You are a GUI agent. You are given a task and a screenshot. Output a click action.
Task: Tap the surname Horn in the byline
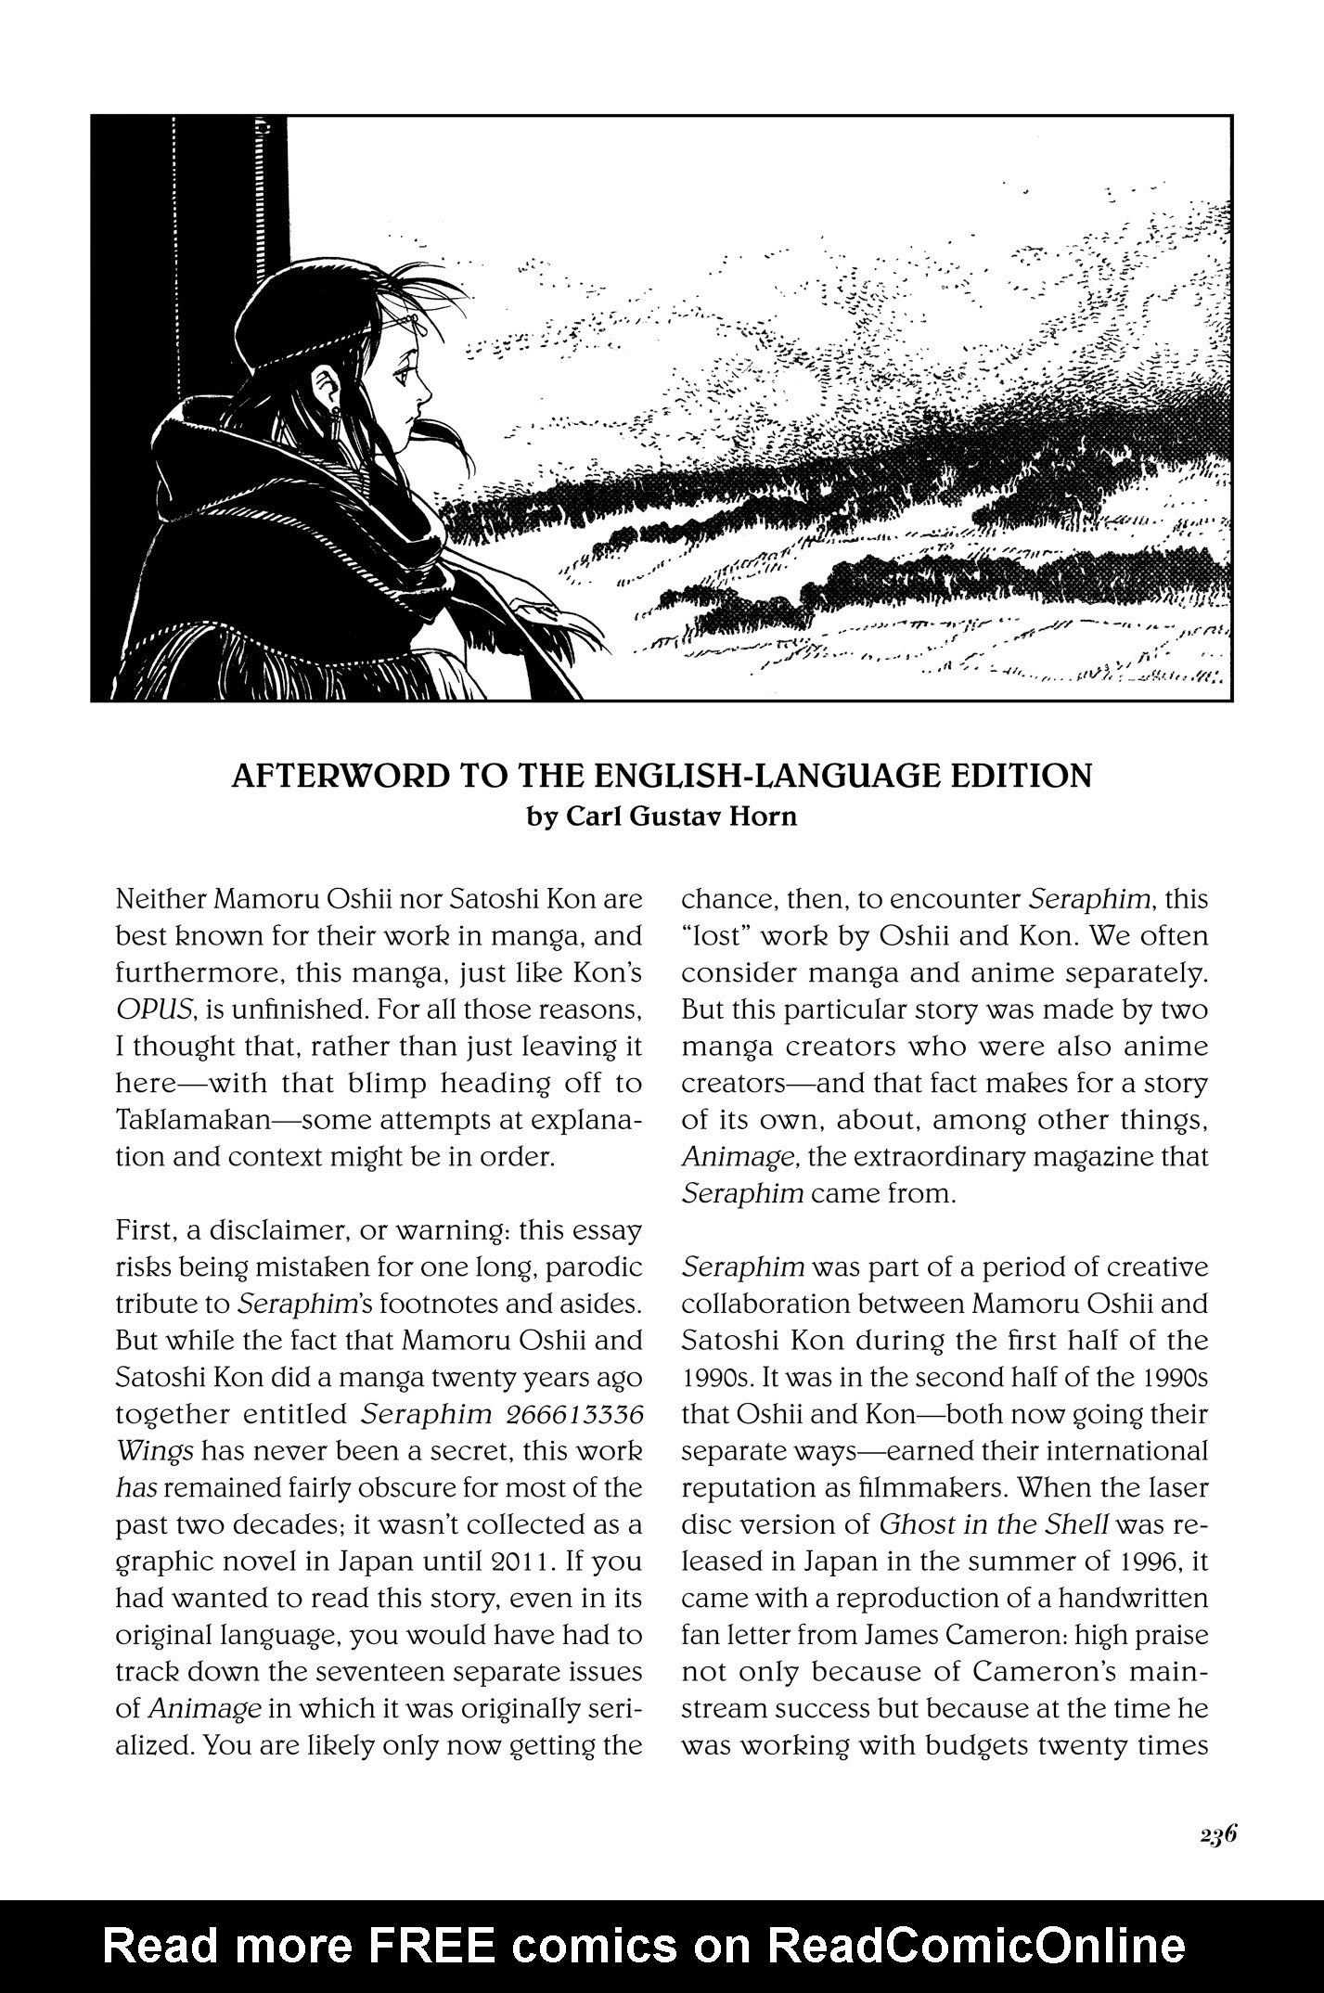tap(763, 818)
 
